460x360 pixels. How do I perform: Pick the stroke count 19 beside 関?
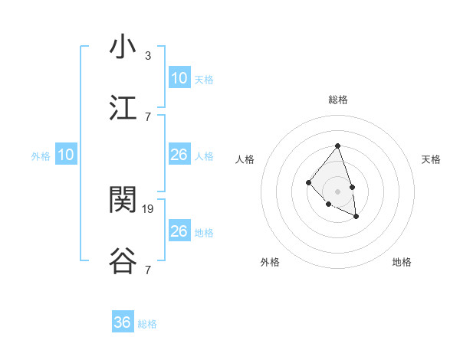pyautogui.click(x=149, y=208)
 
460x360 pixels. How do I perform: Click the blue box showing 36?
pyautogui.click(x=123, y=322)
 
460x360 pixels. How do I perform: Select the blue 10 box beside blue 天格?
pyautogui.click(x=179, y=78)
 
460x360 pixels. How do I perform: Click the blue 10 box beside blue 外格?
pyautogui.click(x=66, y=155)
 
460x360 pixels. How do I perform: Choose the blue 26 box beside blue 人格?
pyautogui.click(x=179, y=155)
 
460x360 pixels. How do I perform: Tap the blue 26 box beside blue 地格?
pyautogui.click(x=179, y=231)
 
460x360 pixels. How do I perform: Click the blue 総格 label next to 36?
pyautogui.click(x=147, y=324)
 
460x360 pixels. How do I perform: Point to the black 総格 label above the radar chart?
pyautogui.click(x=337, y=100)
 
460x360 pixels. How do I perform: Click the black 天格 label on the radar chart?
pyautogui.click(x=432, y=159)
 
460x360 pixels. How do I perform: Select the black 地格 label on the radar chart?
pyautogui.click(x=402, y=262)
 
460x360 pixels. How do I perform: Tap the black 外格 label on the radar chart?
pyautogui.click(x=270, y=262)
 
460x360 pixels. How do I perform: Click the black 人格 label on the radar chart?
pyautogui.click(x=245, y=159)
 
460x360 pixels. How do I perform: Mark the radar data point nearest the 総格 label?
pyautogui.click(x=337, y=146)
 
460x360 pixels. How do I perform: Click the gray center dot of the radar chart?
pyautogui.click(x=337, y=191)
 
